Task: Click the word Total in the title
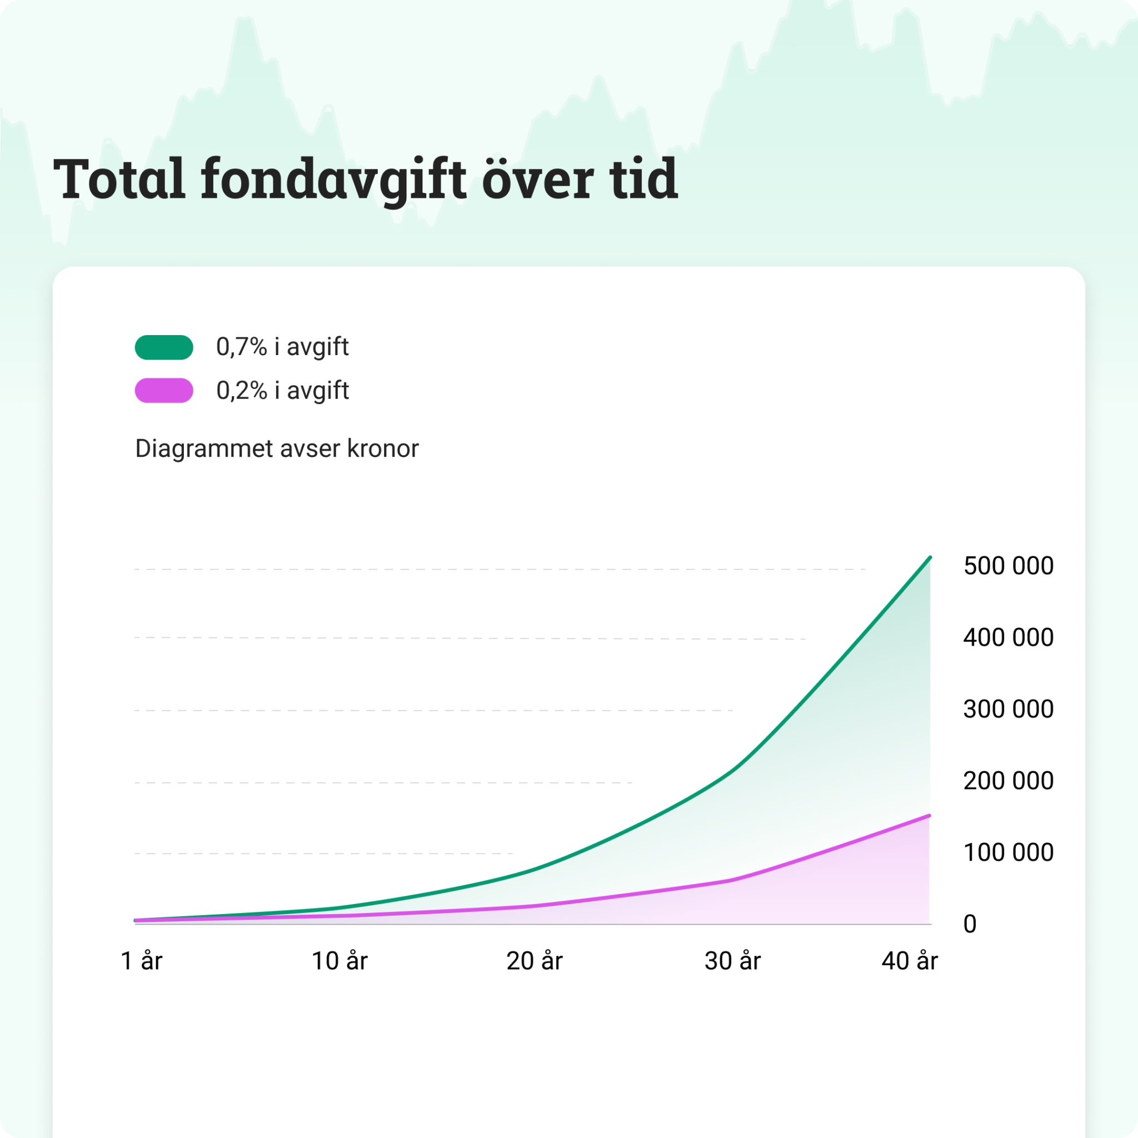[x=119, y=179]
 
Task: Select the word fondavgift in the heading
[x=333, y=179]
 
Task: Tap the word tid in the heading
[x=644, y=179]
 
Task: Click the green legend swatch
[x=164, y=347]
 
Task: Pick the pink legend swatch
[x=164, y=390]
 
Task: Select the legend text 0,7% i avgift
[x=282, y=347]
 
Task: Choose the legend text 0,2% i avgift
[x=282, y=391]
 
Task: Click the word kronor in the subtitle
[x=383, y=448]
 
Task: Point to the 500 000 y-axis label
[x=1008, y=566]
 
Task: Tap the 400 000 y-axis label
[x=1008, y=637]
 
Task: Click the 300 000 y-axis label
[x=1008, y=708]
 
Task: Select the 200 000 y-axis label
[x=1008, y=781]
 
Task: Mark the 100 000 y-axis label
[x=1008, y=852]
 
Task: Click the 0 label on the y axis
[x=970, y=924]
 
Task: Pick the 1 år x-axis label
[x=141, y=961]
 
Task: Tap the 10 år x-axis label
[x=340, y=961]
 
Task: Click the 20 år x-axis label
[x=534, y=961]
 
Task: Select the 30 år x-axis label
[x=732, y=961]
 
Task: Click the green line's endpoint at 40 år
[x=930, y=557]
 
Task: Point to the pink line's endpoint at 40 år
[x=929, y=816]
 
